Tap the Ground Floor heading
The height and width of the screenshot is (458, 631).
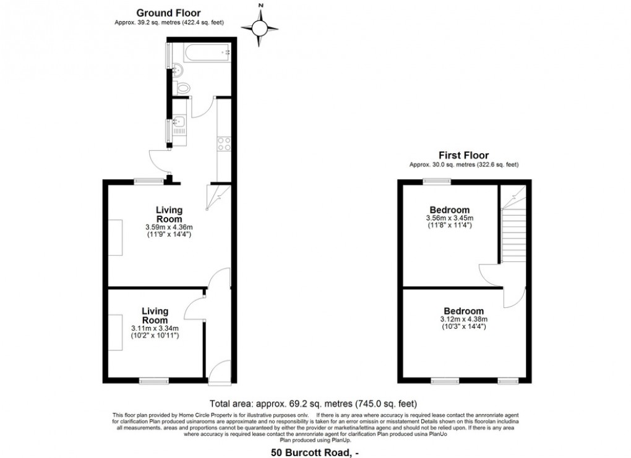click(x=168, y=12)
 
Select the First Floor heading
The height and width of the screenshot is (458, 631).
click(x=463, y=155)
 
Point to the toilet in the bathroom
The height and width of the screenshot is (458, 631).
click(x=180, y=86)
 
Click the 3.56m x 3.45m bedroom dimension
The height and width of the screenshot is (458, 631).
click(x=450, y=218)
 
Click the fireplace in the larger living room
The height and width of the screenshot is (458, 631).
click(x=116, y=237)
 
